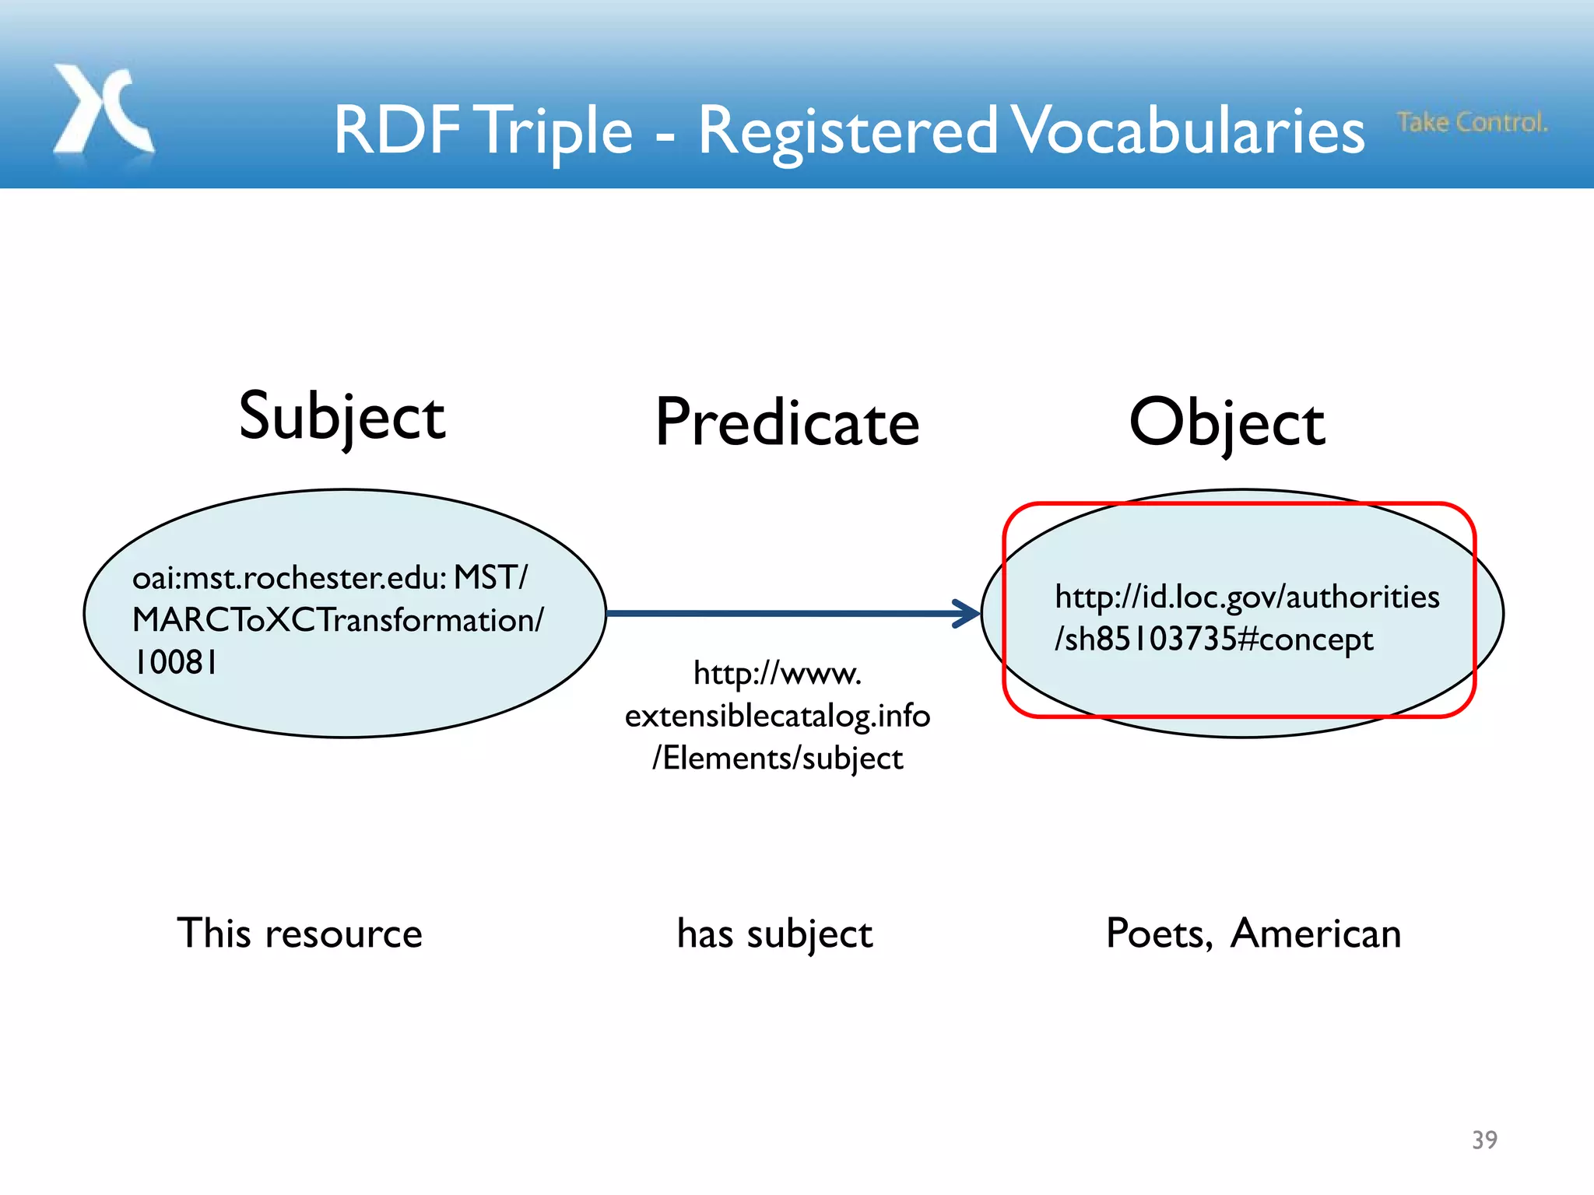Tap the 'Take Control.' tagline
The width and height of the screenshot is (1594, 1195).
(x=1471, y=122)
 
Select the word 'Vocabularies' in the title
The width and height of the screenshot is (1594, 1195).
(x=1188, y=131)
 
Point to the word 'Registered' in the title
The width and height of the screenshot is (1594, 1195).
(x=847, y=131)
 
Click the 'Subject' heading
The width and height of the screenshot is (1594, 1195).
(x=342, y=417)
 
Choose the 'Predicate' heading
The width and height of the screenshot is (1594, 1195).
(x=787, y=422)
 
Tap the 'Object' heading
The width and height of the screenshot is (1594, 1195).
(x=1227, y=422)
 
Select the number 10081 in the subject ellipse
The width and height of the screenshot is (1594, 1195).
(x=175, y=663)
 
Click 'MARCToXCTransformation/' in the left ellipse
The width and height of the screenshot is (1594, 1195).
(x=338, y=620)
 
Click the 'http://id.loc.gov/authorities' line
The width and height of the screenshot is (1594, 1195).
(x=1246, y=597)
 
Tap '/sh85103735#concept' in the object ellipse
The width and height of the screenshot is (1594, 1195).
(x=1213, y=640)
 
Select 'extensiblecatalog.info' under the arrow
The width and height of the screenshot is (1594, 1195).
(x=777, y=716)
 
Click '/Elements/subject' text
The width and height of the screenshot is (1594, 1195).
(x=777, y=759)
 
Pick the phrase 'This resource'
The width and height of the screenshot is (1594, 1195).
(x=300, y=933)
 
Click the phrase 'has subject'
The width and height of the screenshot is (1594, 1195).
(x=774, y=933)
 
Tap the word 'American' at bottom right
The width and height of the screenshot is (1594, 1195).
(x=1315, y=933)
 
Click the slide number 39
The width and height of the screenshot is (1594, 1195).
(x=1484, y=1140)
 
